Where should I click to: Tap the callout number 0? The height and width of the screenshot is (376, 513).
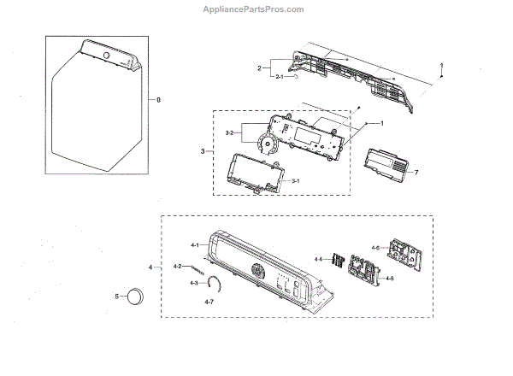click(157, 99)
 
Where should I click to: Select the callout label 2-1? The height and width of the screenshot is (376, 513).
click(279, 77)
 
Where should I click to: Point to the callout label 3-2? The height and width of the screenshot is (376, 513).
click(230, 132)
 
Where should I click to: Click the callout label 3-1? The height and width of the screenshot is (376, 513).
click(294, 181)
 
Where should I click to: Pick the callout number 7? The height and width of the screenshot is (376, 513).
click(416, 173)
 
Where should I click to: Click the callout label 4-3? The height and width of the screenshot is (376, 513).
click(193, 283)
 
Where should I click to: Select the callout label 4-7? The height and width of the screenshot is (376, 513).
click(209, 302)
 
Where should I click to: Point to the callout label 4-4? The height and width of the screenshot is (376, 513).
click(318, 258)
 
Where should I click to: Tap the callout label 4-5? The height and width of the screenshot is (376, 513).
click(389, 279)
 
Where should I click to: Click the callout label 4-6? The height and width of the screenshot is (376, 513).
click(375, 248)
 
